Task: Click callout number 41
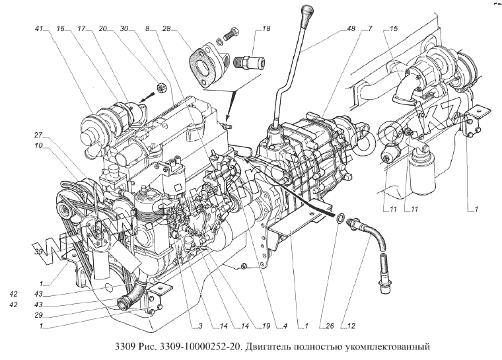(40, 29)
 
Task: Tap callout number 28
(166, 29)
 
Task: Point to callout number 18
(266, 29)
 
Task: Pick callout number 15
(394, 29)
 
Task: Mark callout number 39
(39, 252)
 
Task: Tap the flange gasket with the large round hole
(204, 61)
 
